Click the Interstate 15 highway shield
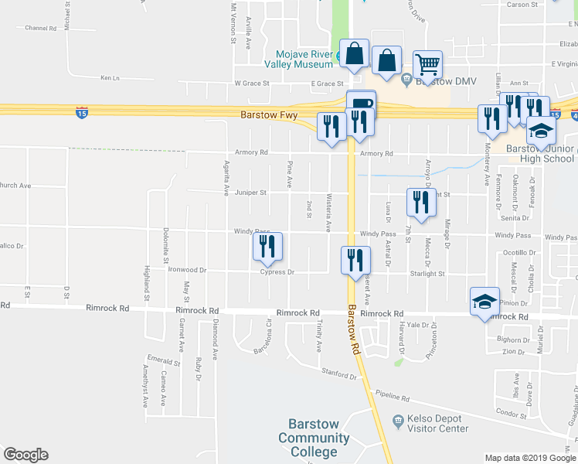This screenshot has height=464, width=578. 82,113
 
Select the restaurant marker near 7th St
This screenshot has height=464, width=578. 421,203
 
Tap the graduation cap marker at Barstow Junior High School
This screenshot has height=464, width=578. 542,130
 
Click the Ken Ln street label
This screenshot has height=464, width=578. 110,78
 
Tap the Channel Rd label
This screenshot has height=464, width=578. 41,28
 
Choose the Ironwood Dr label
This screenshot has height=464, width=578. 188,270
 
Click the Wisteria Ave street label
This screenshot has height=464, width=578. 328,213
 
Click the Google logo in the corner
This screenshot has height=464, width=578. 25,455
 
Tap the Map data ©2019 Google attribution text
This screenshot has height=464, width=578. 529,458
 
